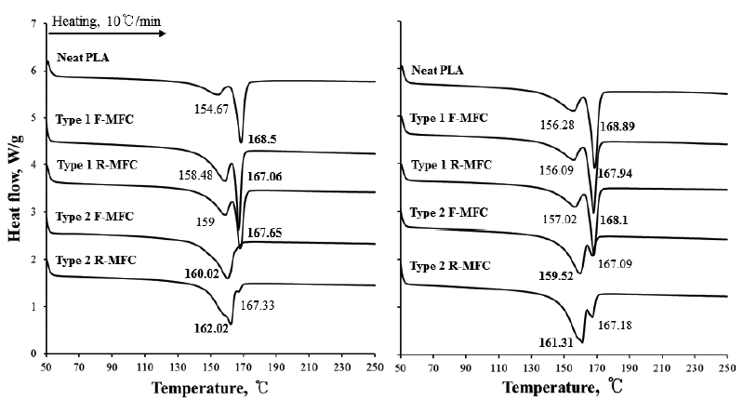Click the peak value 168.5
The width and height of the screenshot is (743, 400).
click(x=262, y=138)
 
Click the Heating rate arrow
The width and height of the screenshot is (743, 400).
click(x=107, y=33)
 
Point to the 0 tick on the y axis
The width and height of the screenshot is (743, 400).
click(x=34, y=354)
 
